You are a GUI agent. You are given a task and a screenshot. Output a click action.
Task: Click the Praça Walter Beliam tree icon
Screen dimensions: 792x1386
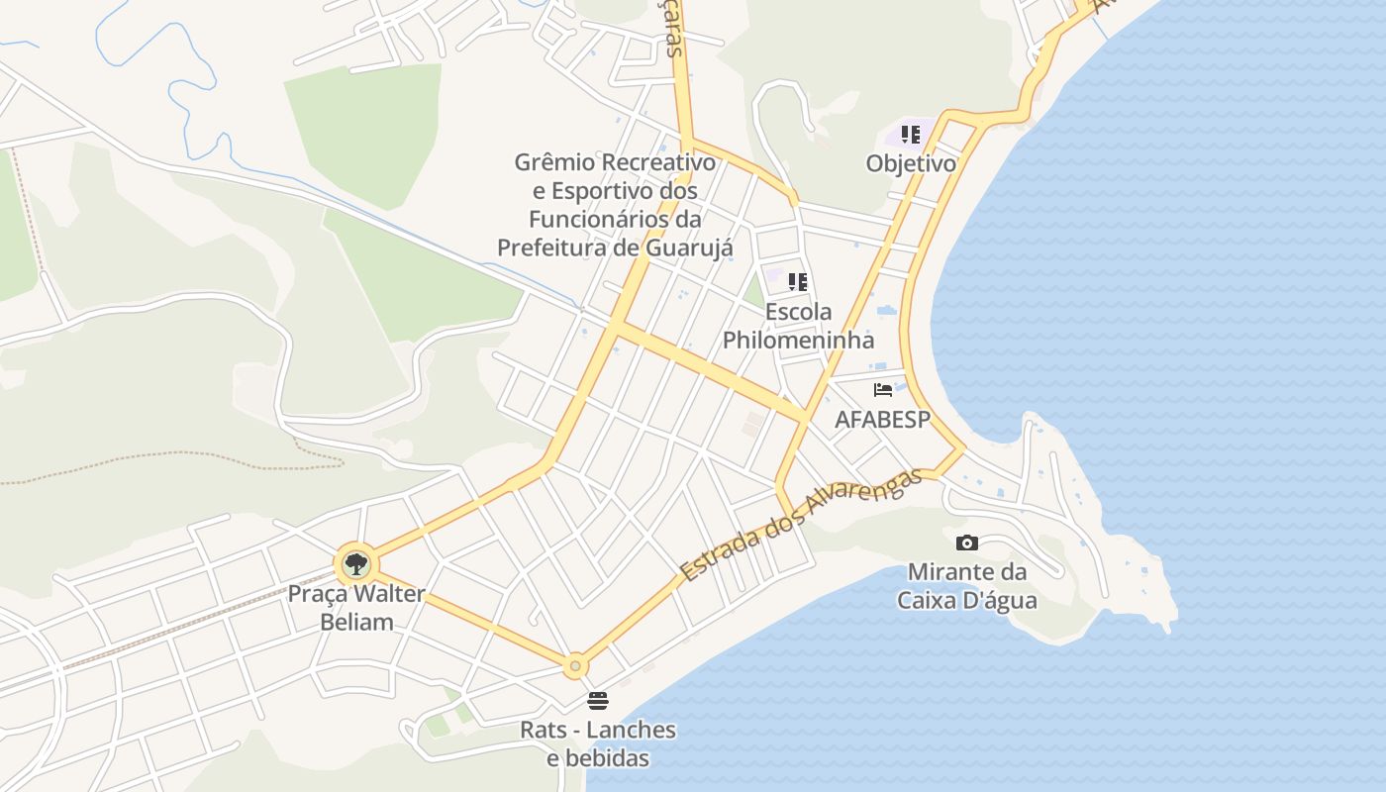pyautogui.click(x=355, y=565)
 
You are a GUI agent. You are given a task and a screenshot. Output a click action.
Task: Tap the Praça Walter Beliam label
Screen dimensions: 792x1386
pyautogui.click(x=355, y=608)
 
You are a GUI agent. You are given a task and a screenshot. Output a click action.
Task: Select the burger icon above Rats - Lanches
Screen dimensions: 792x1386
pyautogui.click(x=598, y=701)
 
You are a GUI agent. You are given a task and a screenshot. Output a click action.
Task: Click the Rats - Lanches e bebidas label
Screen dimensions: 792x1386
pyautogui.click(x=598, y=744)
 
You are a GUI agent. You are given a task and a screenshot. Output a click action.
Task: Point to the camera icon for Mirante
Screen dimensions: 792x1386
pyautogui.click(x=967, y=543)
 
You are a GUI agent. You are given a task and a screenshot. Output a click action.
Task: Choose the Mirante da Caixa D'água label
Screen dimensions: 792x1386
pyautogui.click(x=967, y=586)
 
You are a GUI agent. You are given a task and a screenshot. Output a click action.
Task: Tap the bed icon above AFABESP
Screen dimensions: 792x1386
pyautogui.click(x=883, y=390)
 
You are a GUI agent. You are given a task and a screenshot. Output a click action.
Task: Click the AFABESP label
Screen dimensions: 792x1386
pyautogui.click(x=882, y=419)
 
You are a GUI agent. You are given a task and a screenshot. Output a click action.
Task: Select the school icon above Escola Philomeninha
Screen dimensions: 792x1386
pyautogui.click(x=798, y=282)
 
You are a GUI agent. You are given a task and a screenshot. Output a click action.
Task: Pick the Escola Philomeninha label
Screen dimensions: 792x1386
pyautogui.click(x=798, y=326)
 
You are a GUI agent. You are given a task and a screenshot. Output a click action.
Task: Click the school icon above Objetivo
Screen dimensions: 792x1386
pyautogui.click(x=911, y=135)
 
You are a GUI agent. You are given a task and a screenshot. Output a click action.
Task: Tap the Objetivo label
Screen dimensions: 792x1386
pyautogui.click(x=911, y=163)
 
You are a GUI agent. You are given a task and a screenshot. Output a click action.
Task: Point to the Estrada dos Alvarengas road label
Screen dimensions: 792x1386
pyautogui.click(x=801, y=525)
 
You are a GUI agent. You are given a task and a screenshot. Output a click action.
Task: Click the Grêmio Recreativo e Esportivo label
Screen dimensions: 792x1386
pyautogui.click(x=615, y=204)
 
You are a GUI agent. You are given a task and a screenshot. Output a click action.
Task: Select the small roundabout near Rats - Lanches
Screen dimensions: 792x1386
pyautogui.click(x=575, y=666)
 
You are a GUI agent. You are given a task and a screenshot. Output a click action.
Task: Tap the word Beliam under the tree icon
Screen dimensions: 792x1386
pyautogui.click(x=356, y=622)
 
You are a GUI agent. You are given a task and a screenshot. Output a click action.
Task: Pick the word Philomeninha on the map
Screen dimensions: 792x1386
pyautogui.click(x=798, y=341)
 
